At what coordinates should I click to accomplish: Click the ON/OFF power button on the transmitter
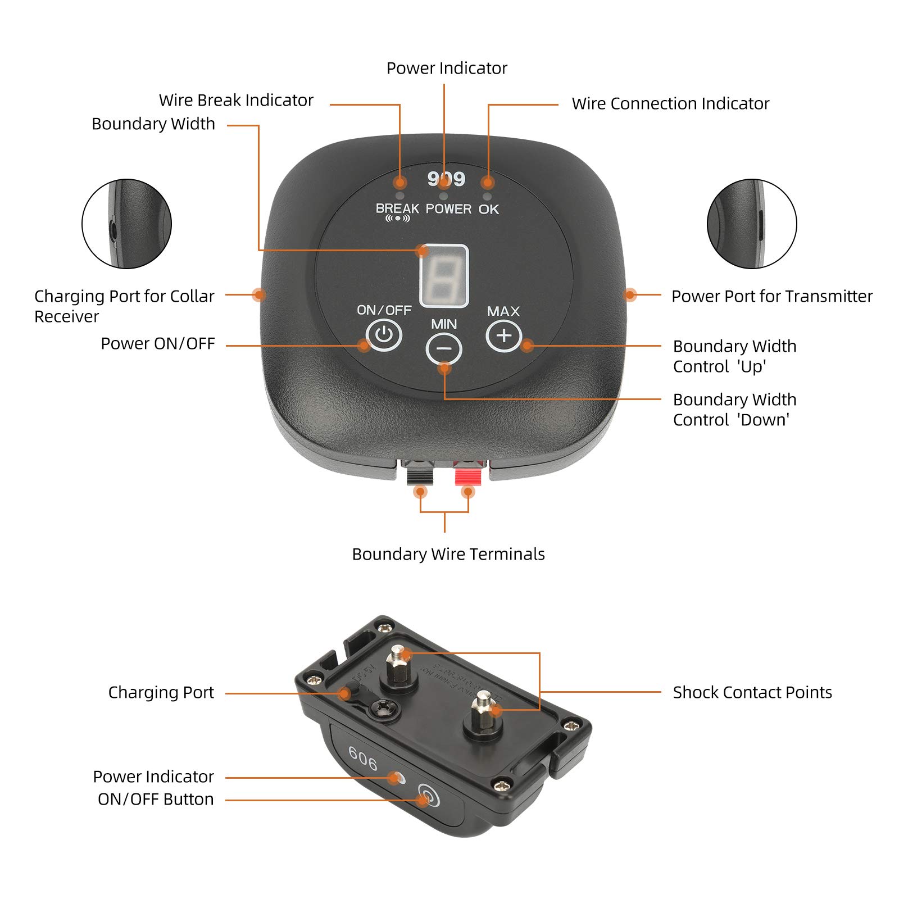(384, 335)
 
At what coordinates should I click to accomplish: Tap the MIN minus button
(444, 349)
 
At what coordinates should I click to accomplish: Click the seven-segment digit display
(444, 276)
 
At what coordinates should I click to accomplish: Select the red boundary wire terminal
(469, 475)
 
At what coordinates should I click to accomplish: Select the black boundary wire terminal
(420, 475)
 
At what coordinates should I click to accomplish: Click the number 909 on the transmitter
(446, 179)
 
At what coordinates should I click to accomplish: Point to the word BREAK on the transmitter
(397, 208)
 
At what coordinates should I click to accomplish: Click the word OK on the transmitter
(489, 209)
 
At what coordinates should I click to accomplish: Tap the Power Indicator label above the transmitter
(447, 68)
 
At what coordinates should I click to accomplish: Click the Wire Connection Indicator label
(670, 103)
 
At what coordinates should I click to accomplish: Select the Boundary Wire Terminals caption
(448, 554)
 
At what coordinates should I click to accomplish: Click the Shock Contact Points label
(752, 692)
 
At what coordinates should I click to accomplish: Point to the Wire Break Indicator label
(236, 100)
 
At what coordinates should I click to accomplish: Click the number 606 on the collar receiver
(363, 759)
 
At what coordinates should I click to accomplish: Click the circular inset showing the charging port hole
(126, 224)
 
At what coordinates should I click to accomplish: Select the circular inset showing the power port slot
(752, 224)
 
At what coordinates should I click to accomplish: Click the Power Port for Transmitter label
(772, 296)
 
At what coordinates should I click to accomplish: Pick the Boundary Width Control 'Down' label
(734, 410)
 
